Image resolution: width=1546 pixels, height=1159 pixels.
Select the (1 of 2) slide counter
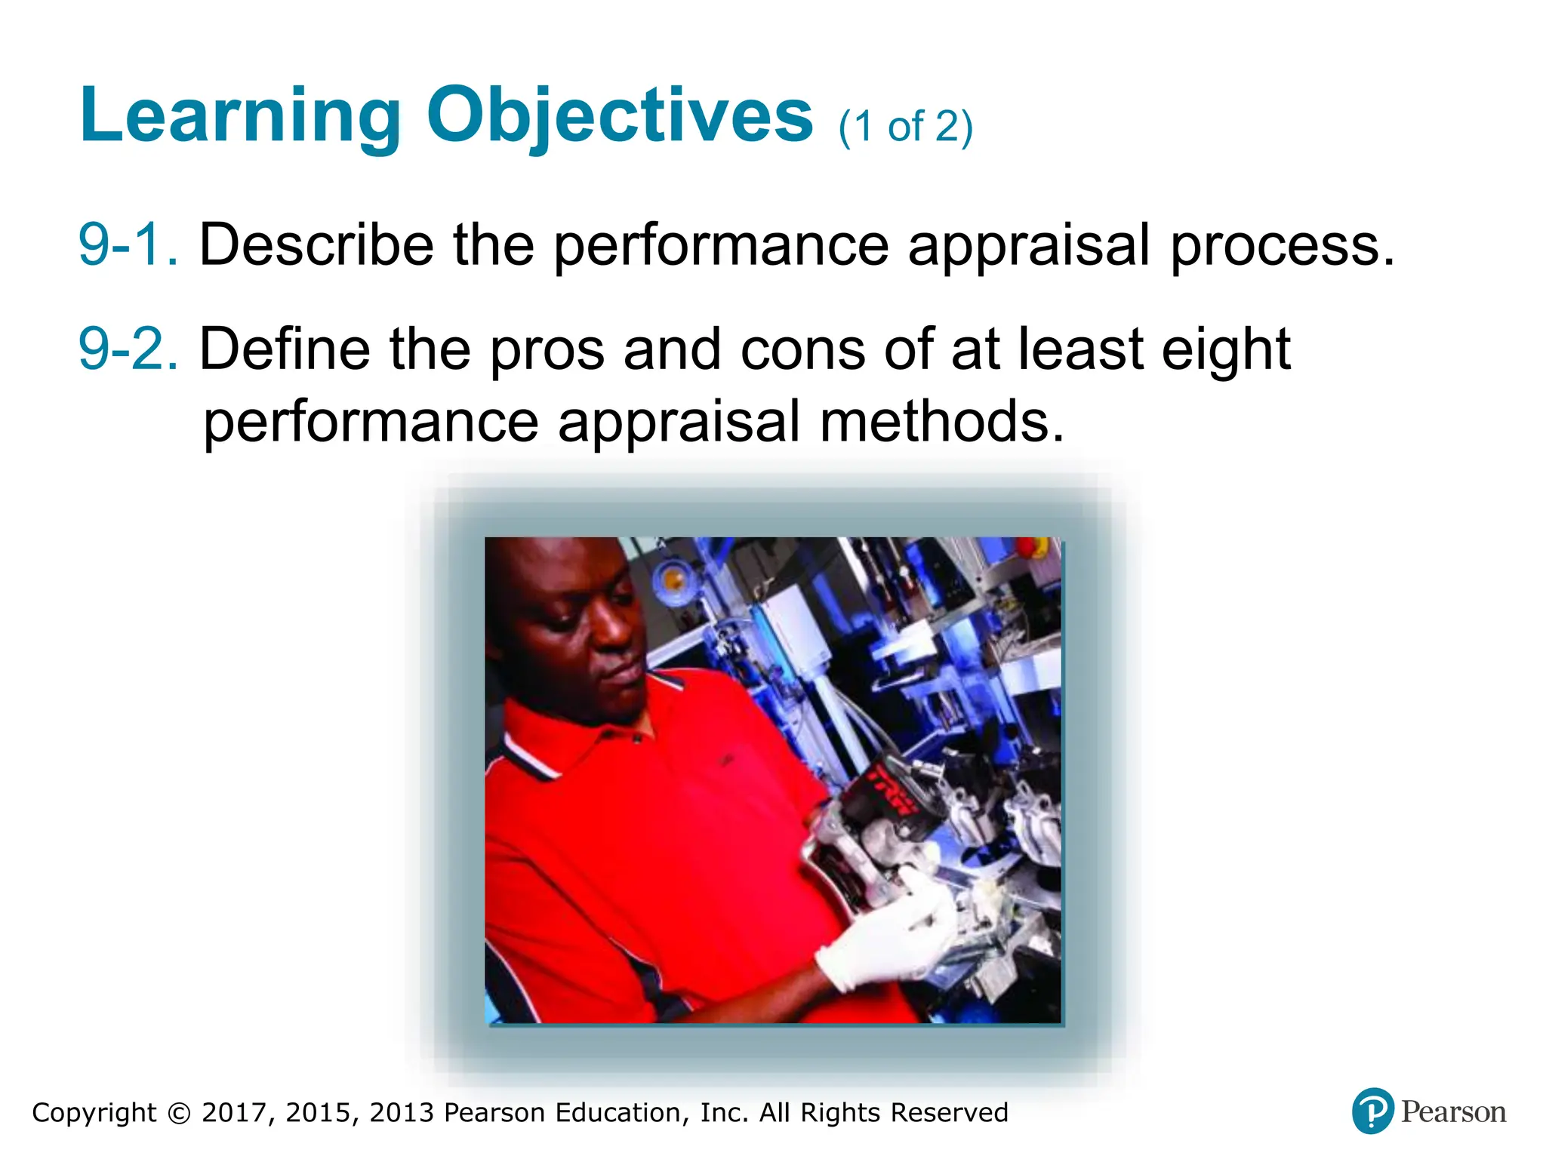(905, 127)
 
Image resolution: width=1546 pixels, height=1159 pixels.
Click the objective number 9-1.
(128, 244)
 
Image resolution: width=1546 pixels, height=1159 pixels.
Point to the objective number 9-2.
(128, 349)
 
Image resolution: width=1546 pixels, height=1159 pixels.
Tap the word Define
(285, 349)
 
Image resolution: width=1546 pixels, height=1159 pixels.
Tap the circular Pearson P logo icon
(1372, 1111)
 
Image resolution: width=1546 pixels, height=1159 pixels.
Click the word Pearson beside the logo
(1453, 1112)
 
